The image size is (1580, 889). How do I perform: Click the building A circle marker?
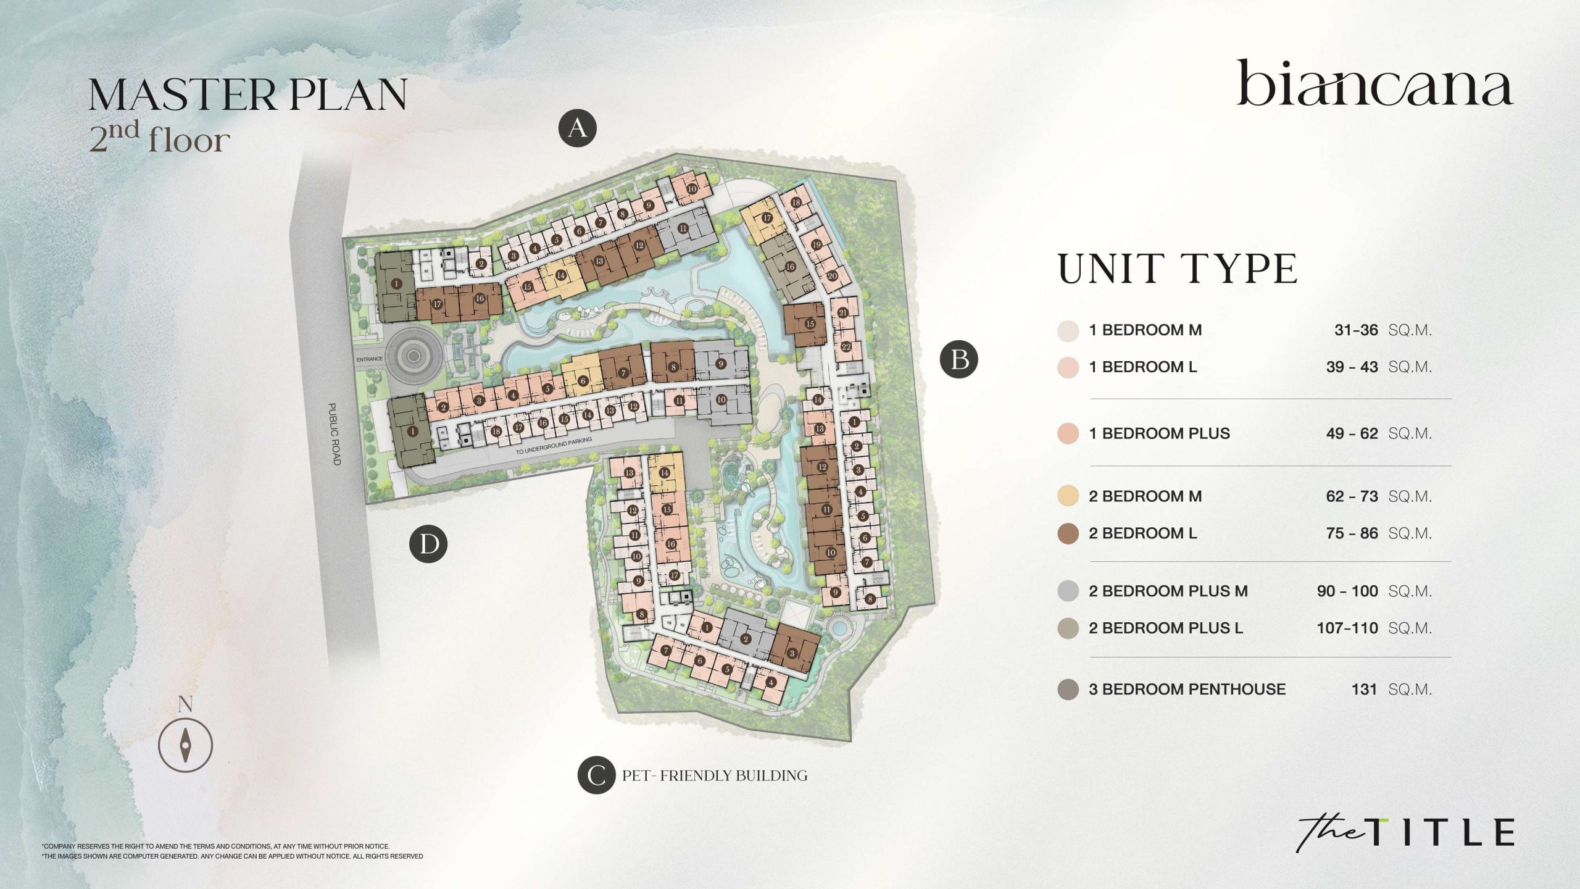click(x=577, y=128)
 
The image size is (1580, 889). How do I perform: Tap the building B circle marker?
click(x=958, y=359)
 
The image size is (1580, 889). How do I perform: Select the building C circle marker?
click(x=596, y=775)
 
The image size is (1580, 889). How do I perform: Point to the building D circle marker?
click(x=428, y=545)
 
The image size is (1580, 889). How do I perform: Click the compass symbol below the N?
click(x=185, y=745)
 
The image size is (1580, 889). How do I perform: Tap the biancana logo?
click(x=1374, y=85)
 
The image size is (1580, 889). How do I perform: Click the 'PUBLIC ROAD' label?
click(x=333, y=434)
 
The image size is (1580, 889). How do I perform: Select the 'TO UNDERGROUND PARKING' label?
click(x=554, y=446)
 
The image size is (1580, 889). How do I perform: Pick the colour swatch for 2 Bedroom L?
click(x=1068, y=533)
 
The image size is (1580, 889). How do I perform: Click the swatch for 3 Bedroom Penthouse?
click(x=1068, y=689)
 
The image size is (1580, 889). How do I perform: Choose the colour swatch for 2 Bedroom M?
click(x=1068, y=496)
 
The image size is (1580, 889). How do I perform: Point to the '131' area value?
click(x=1364, y=689)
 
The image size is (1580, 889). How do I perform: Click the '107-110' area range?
click(x=1347, y=628)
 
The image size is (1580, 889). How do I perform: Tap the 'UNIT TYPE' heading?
click(x=1178, y=269)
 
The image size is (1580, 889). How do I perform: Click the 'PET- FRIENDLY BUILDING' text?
click(x=715, y=775)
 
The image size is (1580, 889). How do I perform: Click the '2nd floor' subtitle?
click(x=160, y=138)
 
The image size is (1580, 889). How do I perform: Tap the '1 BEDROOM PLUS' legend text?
click(x=1159, y=433)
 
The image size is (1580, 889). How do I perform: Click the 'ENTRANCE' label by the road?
click(x=370, y=359)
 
